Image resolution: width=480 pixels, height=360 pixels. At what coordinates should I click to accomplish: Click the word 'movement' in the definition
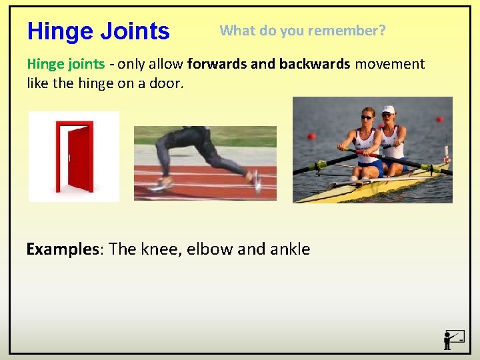pyautogui.click(x=389, y=64)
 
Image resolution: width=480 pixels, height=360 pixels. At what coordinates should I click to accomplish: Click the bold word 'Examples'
pyautogui.click(x=62, y=249)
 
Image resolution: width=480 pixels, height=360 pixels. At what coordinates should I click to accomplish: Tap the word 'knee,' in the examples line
pyautogui.click(x=161, y=249)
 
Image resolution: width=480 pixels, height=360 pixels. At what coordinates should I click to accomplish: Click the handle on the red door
pyautogui.click(x=69, y=158)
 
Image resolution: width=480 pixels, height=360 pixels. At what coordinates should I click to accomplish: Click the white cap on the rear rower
pyautogui.click(x=388, y=109)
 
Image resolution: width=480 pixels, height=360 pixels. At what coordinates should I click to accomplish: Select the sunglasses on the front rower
pyautogui.click(x=367, y=117)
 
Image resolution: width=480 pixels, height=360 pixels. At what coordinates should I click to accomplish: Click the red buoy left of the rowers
pyautogui.click(x=311, y=136)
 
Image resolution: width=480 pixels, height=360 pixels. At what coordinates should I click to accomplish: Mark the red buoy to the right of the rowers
pyautogui.click(x=439, y=119)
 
